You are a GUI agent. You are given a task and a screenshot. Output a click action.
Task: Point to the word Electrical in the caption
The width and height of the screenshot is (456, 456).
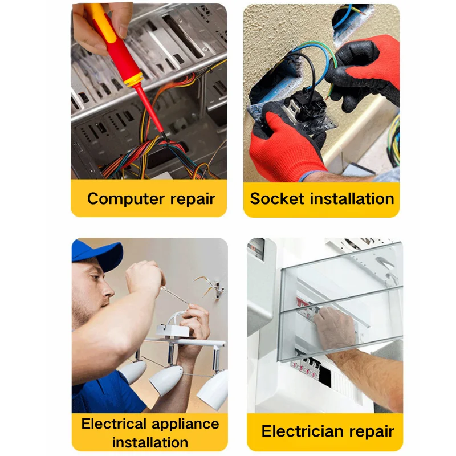pos(113,424)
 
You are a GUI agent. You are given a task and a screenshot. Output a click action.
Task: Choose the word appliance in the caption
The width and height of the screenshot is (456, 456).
pos(185,425)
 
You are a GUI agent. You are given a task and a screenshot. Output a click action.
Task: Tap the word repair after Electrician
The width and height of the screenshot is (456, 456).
pos(372,432)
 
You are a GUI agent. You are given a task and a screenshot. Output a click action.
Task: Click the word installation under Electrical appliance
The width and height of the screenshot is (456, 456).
pos(150,442)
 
